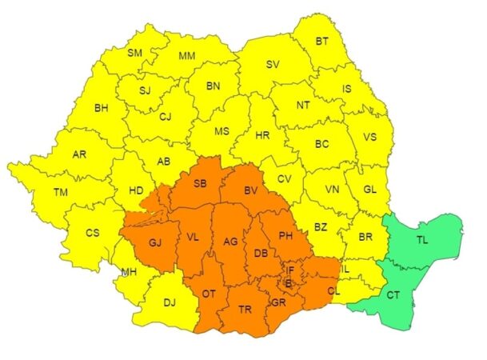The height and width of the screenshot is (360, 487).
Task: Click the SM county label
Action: click(x=134, y=54)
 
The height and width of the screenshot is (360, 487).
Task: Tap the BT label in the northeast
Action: click(x=322, y=41)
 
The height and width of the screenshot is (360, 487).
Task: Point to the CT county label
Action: click(x=393, y=295)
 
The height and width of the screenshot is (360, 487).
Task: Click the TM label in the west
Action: click(x=62, y=192)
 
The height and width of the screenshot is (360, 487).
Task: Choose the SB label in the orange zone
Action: click(x=200, y=184)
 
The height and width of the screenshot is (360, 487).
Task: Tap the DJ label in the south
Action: click(x=170, y=302)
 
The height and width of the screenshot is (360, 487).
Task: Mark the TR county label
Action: click(x=246, y=310)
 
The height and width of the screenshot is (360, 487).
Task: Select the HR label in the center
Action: click(x=262, y=136)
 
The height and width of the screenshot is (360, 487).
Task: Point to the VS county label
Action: click(x=369, y=137)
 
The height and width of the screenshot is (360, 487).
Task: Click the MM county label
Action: click(x=187, y=56)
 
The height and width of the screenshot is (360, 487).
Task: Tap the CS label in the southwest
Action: click(x=91, y=234)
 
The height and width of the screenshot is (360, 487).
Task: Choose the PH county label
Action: click(x=286, y=235)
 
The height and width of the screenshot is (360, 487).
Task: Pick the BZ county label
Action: click(x=321, y=227)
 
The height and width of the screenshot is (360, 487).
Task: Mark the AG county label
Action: click(x=230, y=242)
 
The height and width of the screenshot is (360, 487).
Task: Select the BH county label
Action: click(x=102, y=107)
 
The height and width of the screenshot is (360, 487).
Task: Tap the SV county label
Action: click(x=273, y=65)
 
